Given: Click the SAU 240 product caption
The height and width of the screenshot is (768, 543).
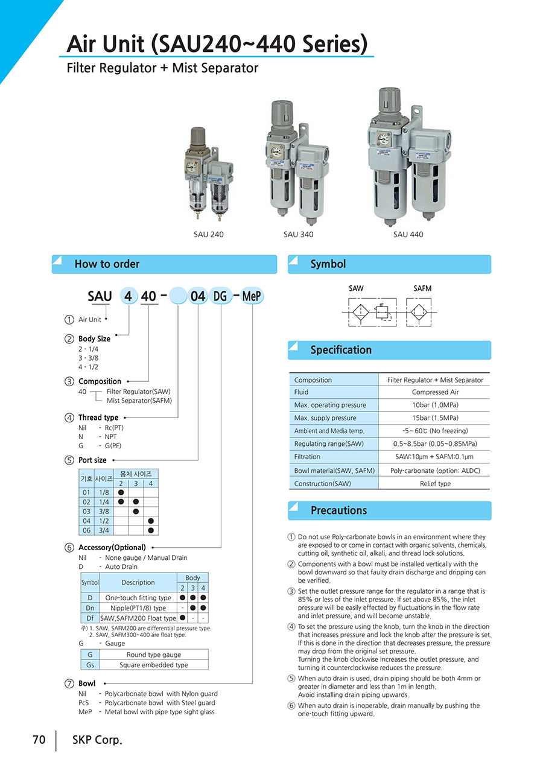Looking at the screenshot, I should click(x=208, y=234).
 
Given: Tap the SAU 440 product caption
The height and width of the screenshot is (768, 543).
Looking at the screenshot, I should click(x=408, y=234).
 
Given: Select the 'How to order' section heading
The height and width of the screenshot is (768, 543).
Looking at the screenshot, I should click(x=107, y=264).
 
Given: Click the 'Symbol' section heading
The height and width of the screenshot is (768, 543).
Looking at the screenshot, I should click(x=328, y=264).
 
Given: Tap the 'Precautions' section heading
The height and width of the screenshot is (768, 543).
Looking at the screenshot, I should click(x=338, y=510).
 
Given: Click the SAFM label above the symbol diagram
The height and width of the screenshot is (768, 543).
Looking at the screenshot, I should click(x=422, y=288).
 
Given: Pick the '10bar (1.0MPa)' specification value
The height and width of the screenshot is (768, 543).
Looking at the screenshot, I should click(x=435, y=405).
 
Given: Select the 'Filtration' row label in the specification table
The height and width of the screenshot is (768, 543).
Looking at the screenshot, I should click(x=307, y=457).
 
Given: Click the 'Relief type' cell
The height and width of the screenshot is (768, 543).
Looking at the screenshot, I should click(x=435, y=483).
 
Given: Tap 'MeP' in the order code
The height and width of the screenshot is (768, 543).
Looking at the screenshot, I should click(x=252, y=296).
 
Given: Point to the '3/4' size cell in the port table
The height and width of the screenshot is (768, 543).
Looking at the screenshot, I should click(x=104, y=530).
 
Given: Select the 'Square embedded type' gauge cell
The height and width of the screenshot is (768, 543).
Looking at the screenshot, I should click(x=153, y=665).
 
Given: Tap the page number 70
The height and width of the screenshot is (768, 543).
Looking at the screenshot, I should click(x=39, y=740).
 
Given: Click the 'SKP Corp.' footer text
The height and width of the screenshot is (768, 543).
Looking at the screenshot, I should click(x=97, y=740).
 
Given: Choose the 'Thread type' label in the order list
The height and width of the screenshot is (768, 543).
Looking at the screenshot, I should click(x=98, y=417).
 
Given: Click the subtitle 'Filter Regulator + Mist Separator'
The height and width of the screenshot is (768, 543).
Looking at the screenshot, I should click(x=162, y=68).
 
